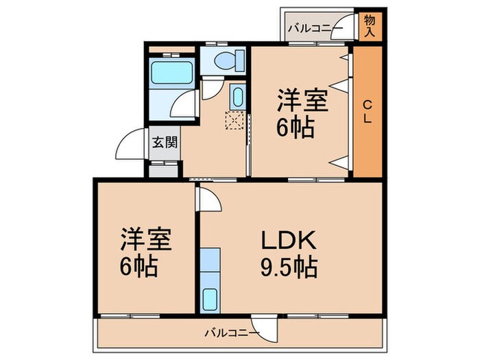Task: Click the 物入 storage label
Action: pyautogui.click(x=370, y=25)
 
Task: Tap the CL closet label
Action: pyautogui.click(x=368, y=111)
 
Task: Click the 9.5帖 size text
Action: pyautogui.click(x=287, y=265)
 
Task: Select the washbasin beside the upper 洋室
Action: pyautogui.click(x=237, y=97)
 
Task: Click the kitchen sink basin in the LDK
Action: pyautogui.click(x=211, y=298)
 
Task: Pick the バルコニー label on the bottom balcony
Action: pyautogui.click(x=232, y=333)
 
